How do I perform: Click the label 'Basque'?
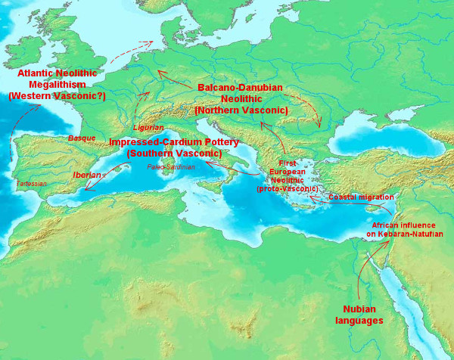[82, 138]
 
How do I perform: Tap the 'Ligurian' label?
[148, 128]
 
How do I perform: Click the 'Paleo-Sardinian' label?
[171, 166]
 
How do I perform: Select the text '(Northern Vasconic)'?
[241, 110]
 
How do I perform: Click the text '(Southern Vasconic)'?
[174, 154]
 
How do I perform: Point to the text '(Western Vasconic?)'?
[56, 97]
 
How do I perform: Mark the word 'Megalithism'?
[56, 85]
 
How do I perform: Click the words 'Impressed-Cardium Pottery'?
[174, 142]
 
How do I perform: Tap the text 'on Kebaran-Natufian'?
[404, 234]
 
